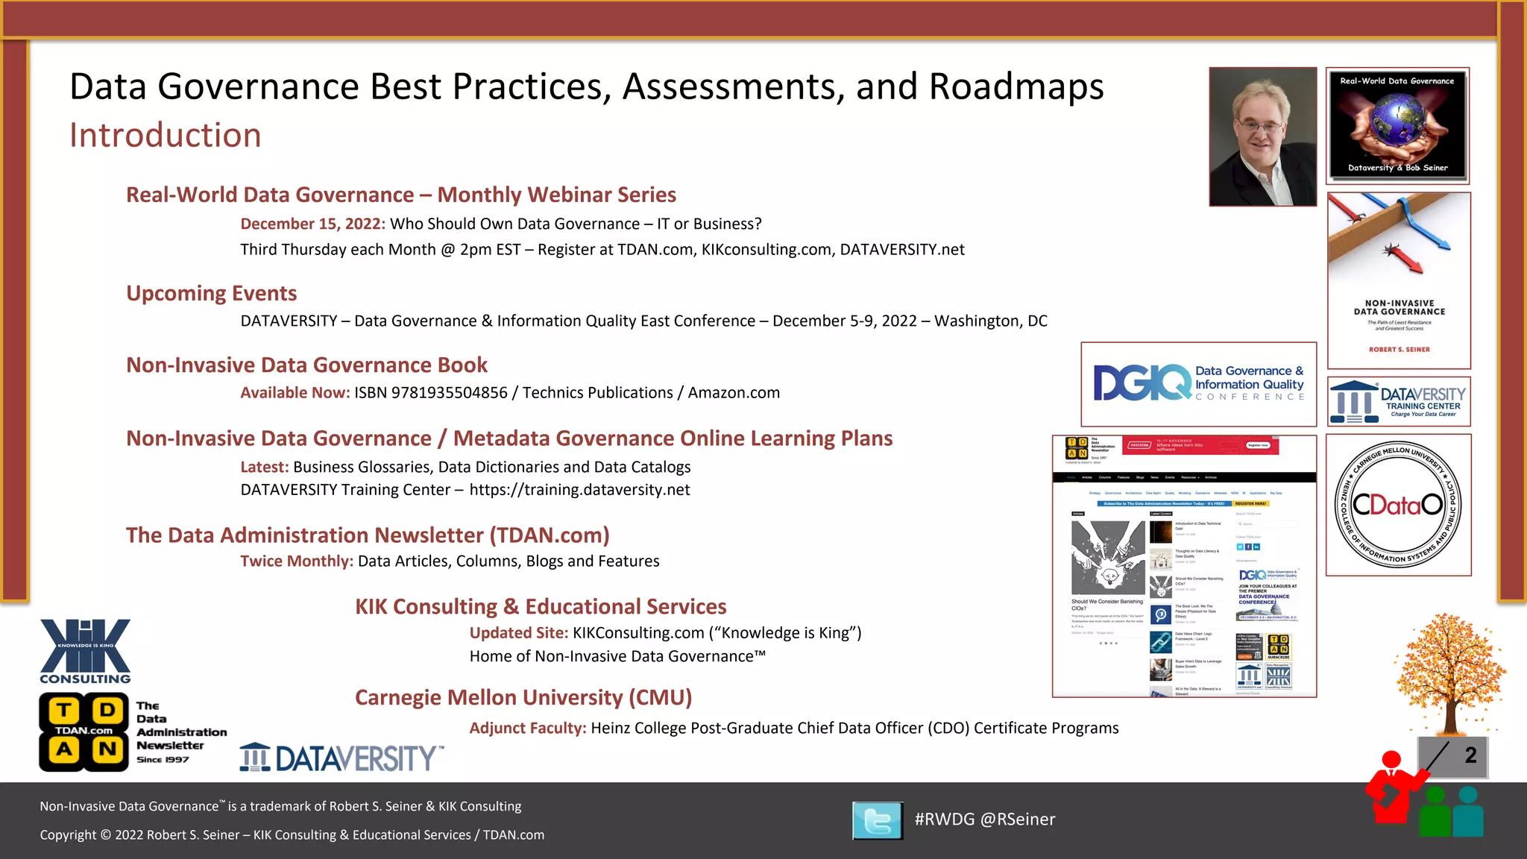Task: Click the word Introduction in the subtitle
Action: [166, 136]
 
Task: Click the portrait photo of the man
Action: [1262, 137]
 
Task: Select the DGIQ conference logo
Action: [1198, 384]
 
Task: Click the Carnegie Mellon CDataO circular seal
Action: [1398, 505]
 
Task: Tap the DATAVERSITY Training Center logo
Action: [1399, 401]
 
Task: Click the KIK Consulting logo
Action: [85, 651]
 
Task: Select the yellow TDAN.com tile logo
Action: [84, 731]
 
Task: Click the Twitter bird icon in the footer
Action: [878, 820]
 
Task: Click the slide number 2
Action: [1470, 755]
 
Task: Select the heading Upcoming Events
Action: [211, 293]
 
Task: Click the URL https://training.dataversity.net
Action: [579, 490]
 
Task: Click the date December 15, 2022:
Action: [312, 224]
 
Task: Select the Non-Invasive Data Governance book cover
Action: [1399, 280]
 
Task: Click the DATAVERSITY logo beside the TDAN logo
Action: [341, 758]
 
